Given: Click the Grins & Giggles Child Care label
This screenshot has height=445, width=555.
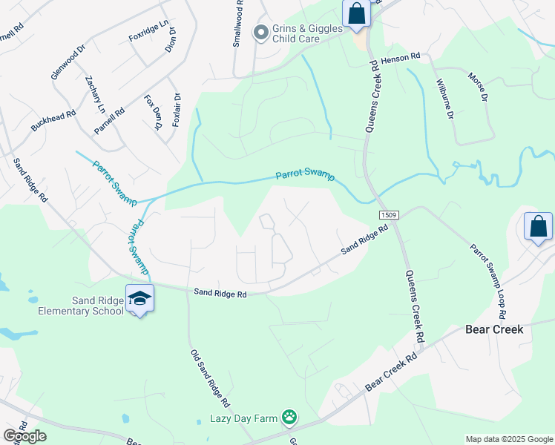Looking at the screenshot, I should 306,34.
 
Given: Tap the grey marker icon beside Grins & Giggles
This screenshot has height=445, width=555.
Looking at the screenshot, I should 260,32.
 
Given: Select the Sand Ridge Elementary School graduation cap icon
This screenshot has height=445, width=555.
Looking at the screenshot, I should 139,299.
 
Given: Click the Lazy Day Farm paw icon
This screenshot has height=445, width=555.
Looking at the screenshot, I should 289,418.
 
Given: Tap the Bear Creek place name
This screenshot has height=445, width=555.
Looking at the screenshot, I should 494,329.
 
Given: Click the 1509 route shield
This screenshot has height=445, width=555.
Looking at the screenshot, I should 392,215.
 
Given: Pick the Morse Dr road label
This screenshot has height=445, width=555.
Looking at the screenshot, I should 478,88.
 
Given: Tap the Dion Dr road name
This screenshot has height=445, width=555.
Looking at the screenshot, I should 171,40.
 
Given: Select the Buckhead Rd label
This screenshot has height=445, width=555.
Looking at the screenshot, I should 53,122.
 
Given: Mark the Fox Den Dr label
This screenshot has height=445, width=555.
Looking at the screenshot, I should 154,112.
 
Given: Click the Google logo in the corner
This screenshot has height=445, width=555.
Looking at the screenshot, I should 25,435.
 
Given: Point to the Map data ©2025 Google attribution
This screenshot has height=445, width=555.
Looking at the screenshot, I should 509,439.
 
